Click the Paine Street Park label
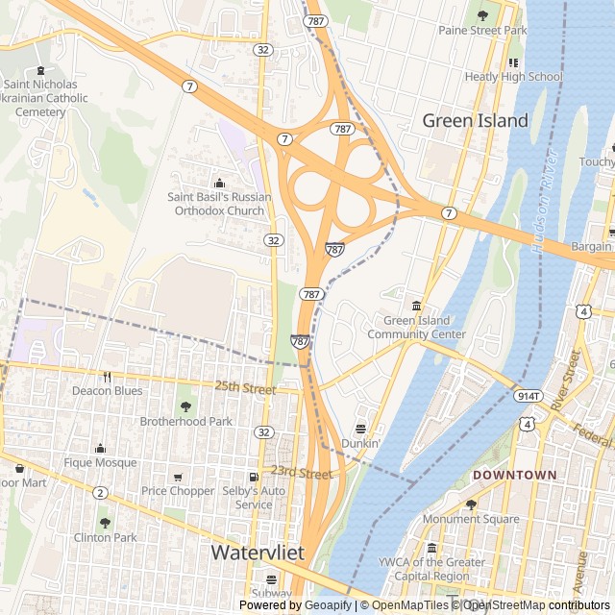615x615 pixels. [x=482, y=30]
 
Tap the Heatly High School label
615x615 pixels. [x=513, y=76]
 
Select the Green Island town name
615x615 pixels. [x=476, y=120]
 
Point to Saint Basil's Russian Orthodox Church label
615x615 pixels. [x=219, y=204]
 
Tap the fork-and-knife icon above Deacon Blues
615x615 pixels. [x=107, y=377]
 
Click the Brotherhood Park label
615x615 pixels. [x=186, y=421]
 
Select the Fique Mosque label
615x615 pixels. [x=100, y=462]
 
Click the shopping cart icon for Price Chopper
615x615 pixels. [x=178, y=477]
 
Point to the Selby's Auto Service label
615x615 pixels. [x=254, y=498]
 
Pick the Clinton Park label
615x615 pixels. [x=105, y=537]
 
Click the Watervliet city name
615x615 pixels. [x=258, y=553]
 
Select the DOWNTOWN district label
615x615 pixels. [x=514, y=475]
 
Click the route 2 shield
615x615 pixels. [x=100, y=493]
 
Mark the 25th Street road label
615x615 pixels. [x=245, y=387]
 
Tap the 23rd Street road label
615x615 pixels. [x=301, y=472]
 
